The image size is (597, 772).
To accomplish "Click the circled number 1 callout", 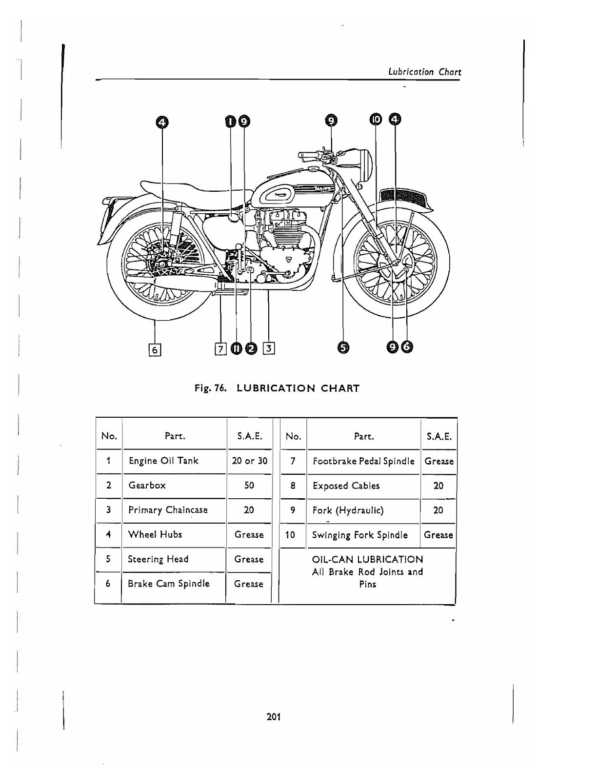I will coord(230,121).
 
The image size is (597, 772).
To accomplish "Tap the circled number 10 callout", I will coord(376,120).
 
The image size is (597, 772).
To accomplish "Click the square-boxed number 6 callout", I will coord(155,349).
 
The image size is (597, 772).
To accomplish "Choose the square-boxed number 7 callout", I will coord(220,348).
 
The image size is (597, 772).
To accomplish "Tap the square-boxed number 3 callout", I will coord(269,348).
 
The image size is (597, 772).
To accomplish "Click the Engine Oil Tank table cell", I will coord(163,461).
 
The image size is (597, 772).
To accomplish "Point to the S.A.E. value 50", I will coord(249,485).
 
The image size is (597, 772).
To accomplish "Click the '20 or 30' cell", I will coord(249,461).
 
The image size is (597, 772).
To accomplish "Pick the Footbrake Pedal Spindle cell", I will coord(363,461).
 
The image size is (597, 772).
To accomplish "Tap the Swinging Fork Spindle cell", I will coord(360,535).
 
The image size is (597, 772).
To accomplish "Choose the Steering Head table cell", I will coord(158,559).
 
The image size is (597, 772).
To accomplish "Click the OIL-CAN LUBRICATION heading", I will coord(367,559).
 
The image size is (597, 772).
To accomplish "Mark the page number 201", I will coord(274,717).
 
